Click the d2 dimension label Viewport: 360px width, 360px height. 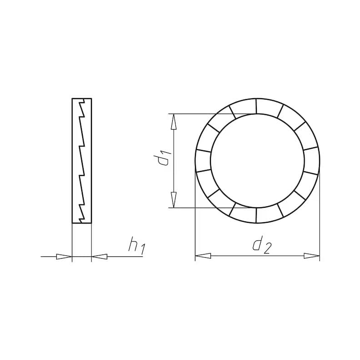[262, 245]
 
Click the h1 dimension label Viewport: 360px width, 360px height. [137, 246]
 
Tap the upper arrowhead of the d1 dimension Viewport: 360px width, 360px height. [174, 122]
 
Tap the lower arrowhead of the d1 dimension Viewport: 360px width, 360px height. [174, 200]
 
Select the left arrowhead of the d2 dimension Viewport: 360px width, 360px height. [203, 256]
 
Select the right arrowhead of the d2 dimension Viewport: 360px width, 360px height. [311, 256]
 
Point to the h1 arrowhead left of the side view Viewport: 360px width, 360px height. [64, 257]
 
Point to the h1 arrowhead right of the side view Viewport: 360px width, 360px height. [100, 257]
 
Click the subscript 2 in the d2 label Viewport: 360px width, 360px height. [267, 249]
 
